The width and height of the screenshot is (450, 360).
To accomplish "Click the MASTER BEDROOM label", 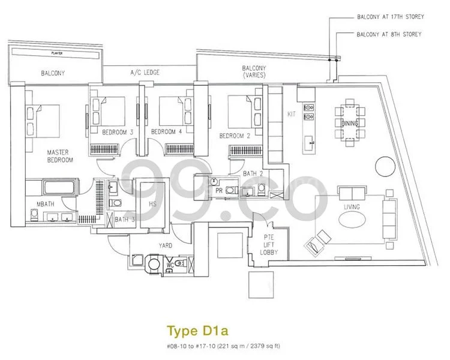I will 60,157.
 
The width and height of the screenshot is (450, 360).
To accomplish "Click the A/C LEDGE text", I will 143,73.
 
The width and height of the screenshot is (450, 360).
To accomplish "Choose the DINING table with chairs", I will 349,122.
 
